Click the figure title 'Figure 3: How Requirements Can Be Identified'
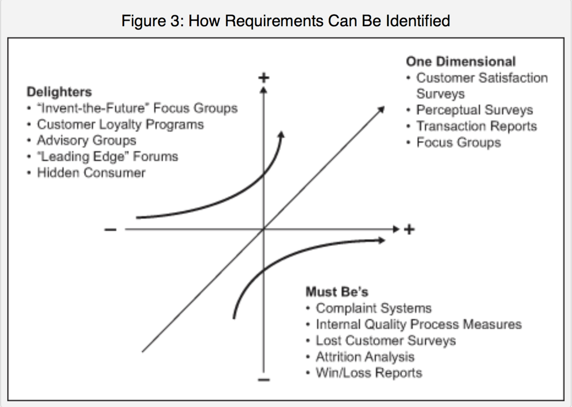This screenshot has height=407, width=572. pyautogui.click(x=286, y=21)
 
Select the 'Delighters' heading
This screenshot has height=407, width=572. pyautogui.click(x=59, y=92)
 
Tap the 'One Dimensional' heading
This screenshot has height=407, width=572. pyautogui.click(x=460, y=61)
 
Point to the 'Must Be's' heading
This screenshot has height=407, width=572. pyautogui.click(x=337, y=292)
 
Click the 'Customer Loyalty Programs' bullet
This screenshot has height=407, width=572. pyautogui.click(x=120, y=124)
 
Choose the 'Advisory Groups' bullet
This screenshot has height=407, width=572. pyautogui.click(x=86, y=140)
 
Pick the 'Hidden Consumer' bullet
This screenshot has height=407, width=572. pyautogui.click(x=91, y=173)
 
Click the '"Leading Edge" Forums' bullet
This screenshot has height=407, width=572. pyautogui.click(x=107, y=156)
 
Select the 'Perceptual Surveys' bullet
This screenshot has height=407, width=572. pyautogui.click(x=474, y=110)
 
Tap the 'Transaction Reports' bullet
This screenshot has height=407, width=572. pyautogui.click(x=476, y=126)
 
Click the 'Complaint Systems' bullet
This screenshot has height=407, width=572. pyautogui.click(x=373, y=308)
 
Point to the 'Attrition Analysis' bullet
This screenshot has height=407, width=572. pyautogui.click(x=365, y=357)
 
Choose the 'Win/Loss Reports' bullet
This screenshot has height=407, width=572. pyautogui.click(x=369, y=373)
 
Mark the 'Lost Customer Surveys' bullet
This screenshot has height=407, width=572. pyautogui.click(x=386, y=341)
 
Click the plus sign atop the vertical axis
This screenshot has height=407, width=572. pyautogui.click(x=264, y=78)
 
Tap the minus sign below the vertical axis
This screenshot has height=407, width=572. pyautogui.click(x=264, y=379)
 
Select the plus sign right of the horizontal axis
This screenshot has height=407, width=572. pyautogui.click(x=409, y=229)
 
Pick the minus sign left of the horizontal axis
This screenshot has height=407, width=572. pyautogui.click(x=110, y=230)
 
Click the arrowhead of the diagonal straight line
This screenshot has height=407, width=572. pyautogui.click(x=382, y=109)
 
